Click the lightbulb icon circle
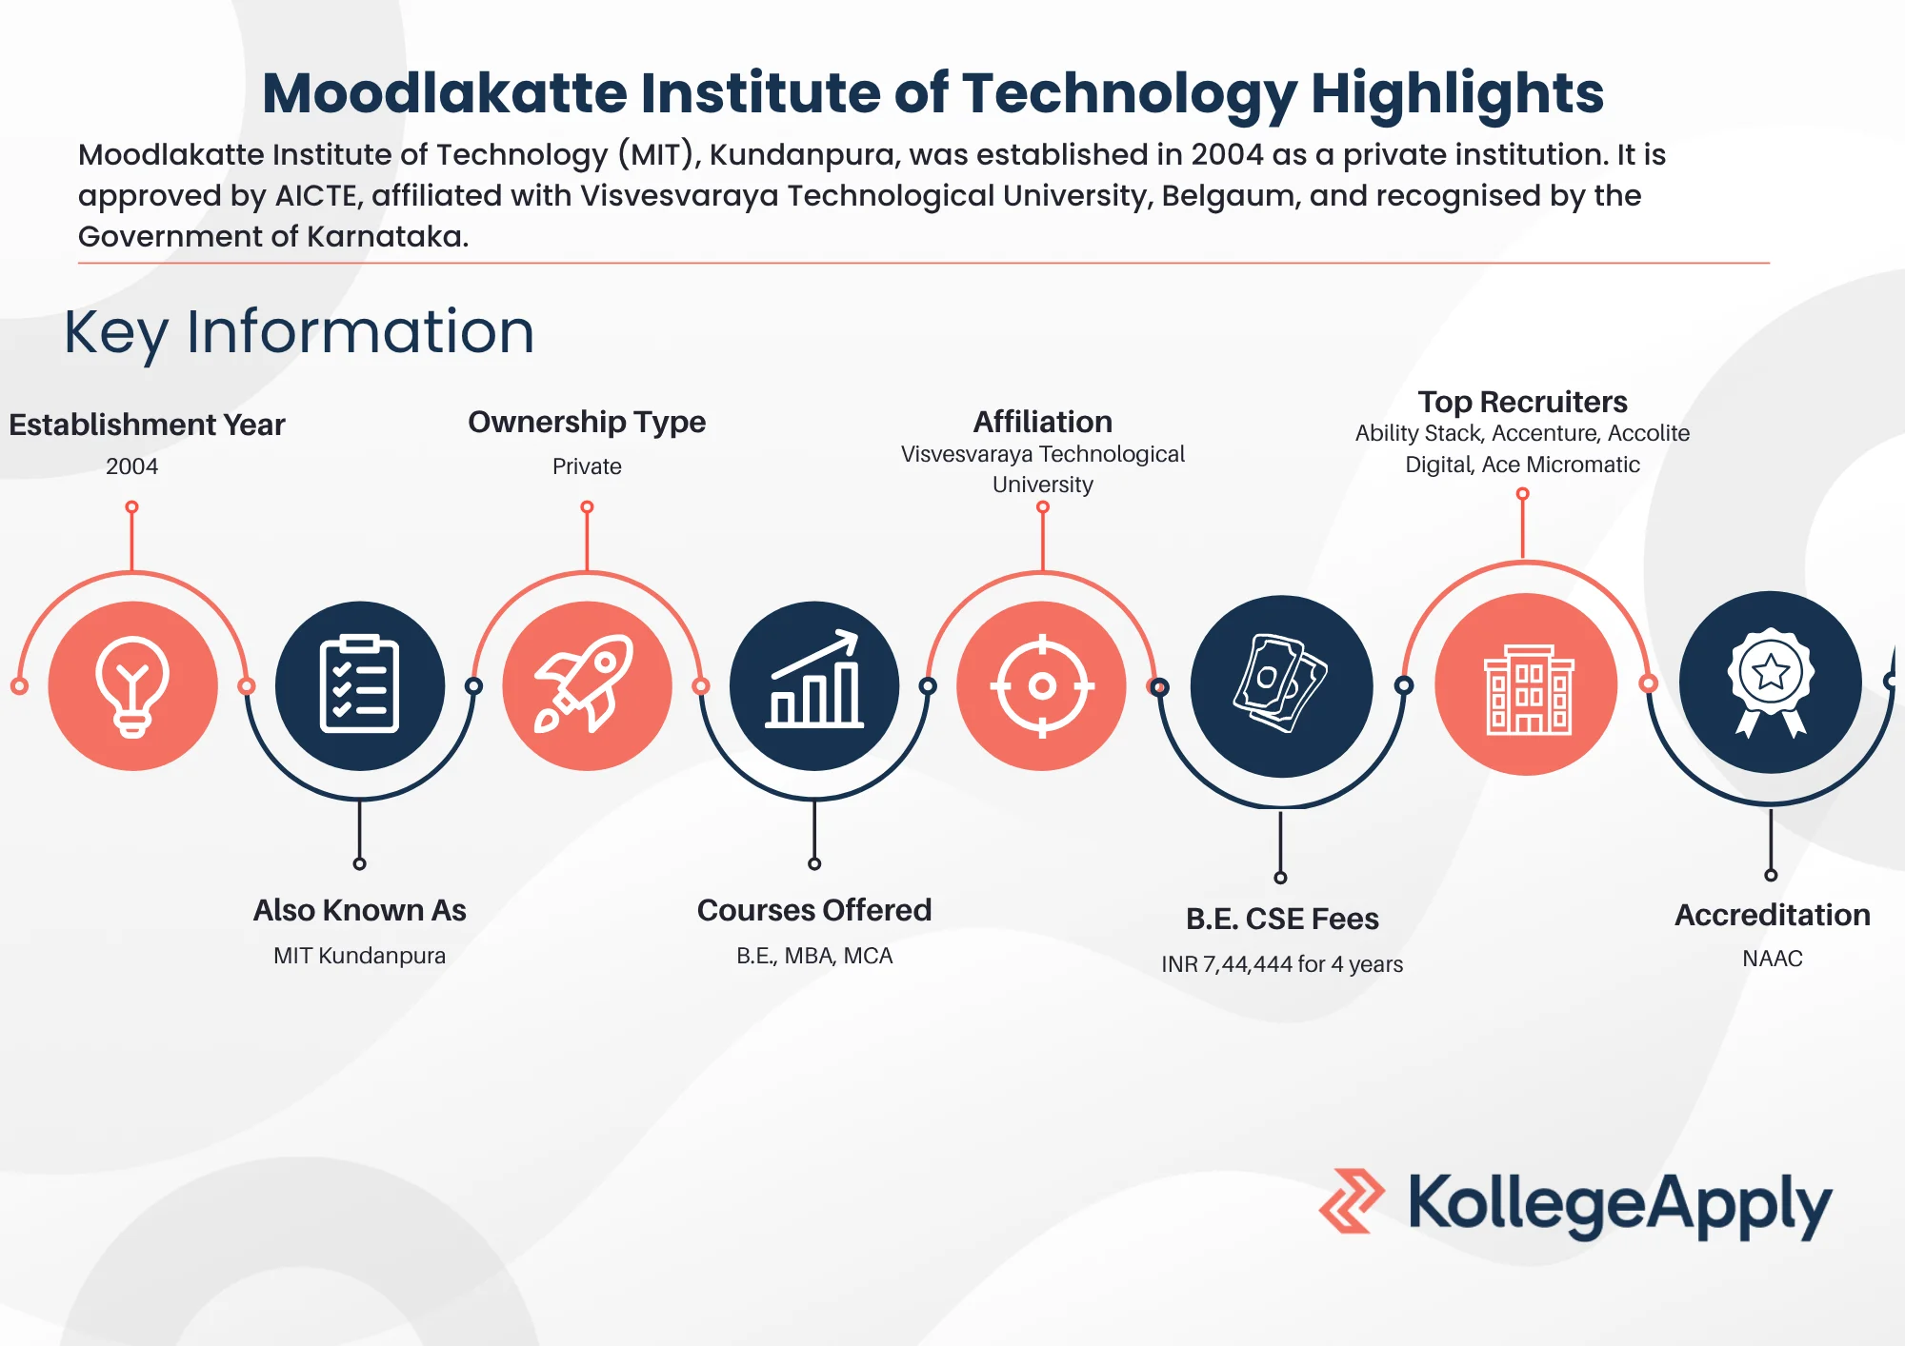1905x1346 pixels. coord(133,685)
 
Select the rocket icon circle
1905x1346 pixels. coord(587,685)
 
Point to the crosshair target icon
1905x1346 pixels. coord(1042,685)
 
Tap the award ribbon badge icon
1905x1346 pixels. coord(1771,683)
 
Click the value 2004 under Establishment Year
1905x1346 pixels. coord(131,466)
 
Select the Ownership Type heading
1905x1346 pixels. coord(587,422)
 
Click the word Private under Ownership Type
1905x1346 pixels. coord(587,466)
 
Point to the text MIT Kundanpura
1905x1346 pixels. coord(359,956)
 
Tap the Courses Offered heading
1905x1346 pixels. coord(814,910)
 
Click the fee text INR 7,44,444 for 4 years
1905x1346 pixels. coord(1282,964)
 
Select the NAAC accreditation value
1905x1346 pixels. coord(1773,959)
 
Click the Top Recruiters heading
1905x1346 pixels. coord(1522,402)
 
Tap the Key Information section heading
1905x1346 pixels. coord(299,332)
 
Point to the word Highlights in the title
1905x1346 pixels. coord(1457,93)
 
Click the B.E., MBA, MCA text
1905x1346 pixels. coord(814,956)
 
